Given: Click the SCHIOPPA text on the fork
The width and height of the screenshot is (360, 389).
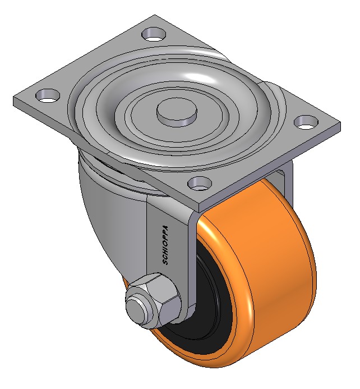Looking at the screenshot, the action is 165,245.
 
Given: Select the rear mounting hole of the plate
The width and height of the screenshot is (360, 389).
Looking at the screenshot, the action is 154,34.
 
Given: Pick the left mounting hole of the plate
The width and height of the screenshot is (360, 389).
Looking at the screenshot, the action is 48,95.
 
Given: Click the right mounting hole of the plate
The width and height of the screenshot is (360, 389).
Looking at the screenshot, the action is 307,122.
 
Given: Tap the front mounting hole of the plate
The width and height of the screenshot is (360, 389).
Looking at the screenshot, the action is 200,183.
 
